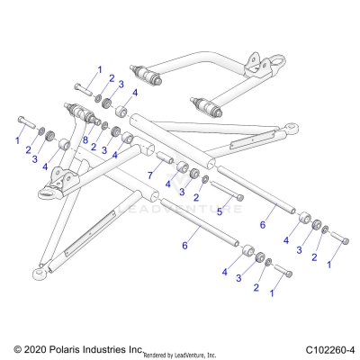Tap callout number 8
[86, 139]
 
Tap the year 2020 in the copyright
[32, 348]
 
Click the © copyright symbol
[15, 348]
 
